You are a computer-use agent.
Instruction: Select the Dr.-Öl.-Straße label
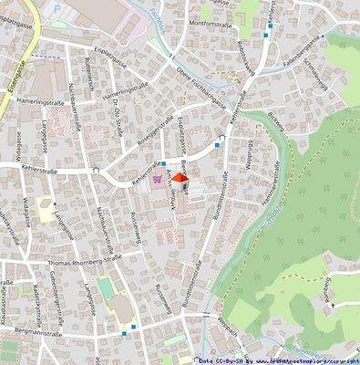coord(121,116)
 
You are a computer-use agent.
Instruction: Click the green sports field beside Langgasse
coord(108,288)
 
